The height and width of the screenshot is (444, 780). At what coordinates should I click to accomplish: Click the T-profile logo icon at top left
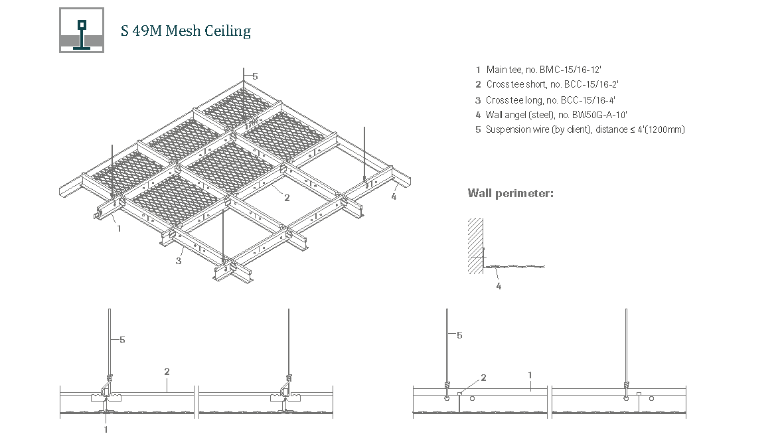point(82,30)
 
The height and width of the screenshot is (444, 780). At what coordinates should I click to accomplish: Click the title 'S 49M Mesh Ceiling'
point(186,31)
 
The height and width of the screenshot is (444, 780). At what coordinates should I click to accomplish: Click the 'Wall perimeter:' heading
point(510,193)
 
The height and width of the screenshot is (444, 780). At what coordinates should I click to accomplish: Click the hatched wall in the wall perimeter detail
point(474,245)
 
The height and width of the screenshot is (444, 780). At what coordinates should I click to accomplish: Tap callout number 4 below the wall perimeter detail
point(499,286)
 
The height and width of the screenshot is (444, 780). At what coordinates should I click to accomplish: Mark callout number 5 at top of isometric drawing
point(255,76)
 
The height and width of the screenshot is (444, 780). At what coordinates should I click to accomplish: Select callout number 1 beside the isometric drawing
point(119,228)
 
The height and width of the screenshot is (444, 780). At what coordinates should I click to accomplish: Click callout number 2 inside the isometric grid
point(287,197)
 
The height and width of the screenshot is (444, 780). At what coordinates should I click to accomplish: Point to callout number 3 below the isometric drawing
point(179,261)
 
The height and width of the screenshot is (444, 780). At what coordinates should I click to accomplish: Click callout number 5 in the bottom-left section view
point(122,340)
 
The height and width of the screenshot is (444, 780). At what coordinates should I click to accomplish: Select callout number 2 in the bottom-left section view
point(167,372)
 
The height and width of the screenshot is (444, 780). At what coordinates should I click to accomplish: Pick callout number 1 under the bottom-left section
point(106,429)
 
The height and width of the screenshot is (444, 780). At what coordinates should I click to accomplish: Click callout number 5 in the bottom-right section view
point(459,335)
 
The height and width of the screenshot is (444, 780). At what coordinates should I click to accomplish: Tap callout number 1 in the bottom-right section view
point(530,375)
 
